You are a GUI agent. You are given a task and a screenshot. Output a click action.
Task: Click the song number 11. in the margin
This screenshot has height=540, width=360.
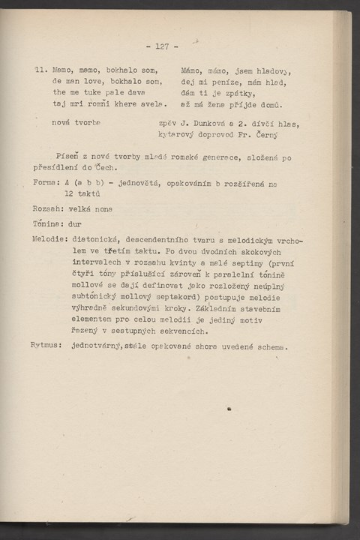click(41, 69)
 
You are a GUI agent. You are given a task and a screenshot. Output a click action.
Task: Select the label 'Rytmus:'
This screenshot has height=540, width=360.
click(46, 346)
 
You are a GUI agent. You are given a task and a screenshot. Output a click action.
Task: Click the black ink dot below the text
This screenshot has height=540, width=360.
click(228, 409)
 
